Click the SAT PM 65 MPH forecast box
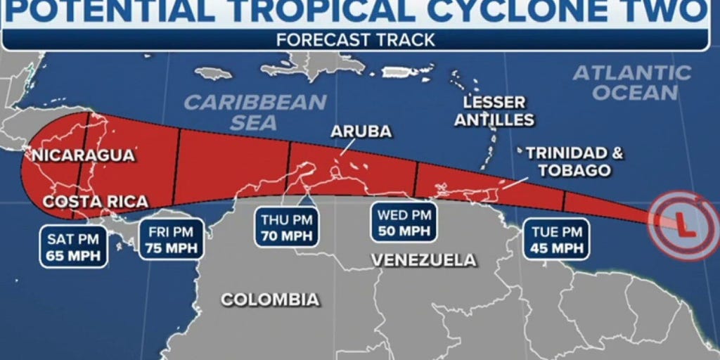[73, 246]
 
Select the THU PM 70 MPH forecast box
[287, 227]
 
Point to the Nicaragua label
[79, 155]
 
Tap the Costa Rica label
[96, 202]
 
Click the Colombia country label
[270, 300]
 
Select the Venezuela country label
[423, 260]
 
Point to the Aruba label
[361, 131]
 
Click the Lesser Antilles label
[494, 110]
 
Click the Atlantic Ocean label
[632, 82]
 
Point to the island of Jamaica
[213, 73]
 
